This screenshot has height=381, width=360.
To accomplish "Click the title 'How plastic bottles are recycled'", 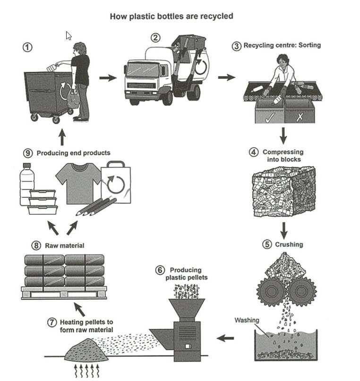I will click(x=171, y=16).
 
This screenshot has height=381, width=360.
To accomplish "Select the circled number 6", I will click(x=160, y=270).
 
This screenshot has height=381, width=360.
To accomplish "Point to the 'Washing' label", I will click(x=247, y=321).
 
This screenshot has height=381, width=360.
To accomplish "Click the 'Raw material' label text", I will click(x=64, y=246).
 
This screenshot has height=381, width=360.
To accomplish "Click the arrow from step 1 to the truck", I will click(x=108, y=77).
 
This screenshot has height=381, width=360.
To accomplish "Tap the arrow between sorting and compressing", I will click(x=283, y=136).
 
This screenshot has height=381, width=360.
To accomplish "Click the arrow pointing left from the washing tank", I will click(x=225, y=338).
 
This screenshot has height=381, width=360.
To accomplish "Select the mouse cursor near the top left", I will click(x=69, y=36).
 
